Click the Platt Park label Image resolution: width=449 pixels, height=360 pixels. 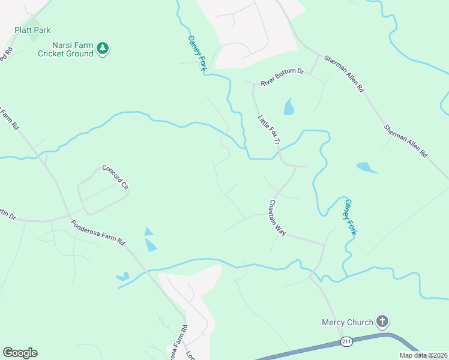pos(32,30)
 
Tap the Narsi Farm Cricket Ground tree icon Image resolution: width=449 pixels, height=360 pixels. pos(103,49)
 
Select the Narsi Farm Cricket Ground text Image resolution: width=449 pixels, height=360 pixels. pos(65,49)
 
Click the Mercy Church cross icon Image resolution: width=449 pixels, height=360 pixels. pos(382,322)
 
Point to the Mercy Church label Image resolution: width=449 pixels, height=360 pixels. pos(346,323)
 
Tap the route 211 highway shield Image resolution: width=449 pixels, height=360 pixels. pos(346,341)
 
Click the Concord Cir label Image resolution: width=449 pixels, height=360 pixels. pos(116,178)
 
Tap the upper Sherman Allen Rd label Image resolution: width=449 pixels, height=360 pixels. pos(344,74)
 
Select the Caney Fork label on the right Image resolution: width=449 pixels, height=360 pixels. pos(349,217)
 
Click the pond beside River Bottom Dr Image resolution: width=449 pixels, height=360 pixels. pos(289,107)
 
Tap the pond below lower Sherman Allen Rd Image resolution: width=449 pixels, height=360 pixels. pos(366,167)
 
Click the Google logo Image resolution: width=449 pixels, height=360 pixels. pos(20,353)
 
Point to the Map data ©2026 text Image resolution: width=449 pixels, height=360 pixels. pos(423,355)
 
